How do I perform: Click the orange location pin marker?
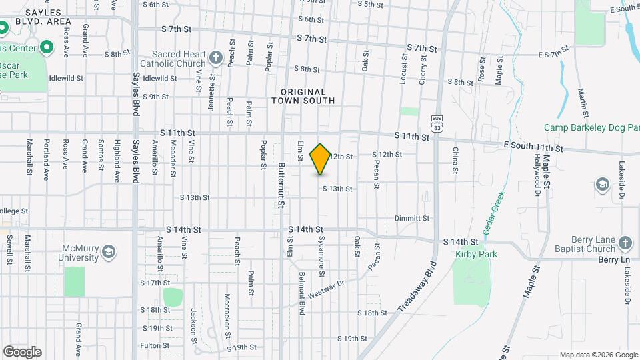click(x=321, y=159)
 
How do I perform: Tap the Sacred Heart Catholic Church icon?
click(x=215, y=58)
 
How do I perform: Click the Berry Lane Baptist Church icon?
click(x=625, y=243)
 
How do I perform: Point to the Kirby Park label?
click(x=476, y=254)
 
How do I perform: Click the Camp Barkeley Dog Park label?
click(x=591, y=127)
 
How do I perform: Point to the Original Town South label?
click(x=303, y=96)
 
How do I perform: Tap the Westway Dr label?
click(x=325, y=289)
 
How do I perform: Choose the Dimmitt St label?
click(x=411, y=218)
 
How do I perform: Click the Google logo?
click(x=22, y=351)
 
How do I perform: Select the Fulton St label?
click(x=153, y=345)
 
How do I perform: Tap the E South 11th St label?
click(x=533, y=147)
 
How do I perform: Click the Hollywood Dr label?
click(x=537, y=170)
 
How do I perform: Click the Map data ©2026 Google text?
click(x=598, y=355)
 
